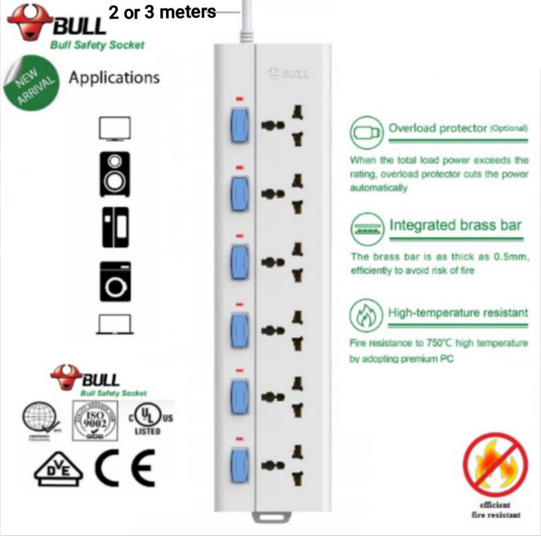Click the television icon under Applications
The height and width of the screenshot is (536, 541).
(115, 128)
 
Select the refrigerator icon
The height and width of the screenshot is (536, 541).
(115, 226)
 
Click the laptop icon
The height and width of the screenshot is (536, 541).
(115, 324)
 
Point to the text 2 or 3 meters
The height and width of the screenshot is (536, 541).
(162, 13)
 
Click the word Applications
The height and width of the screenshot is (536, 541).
(114, 77)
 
